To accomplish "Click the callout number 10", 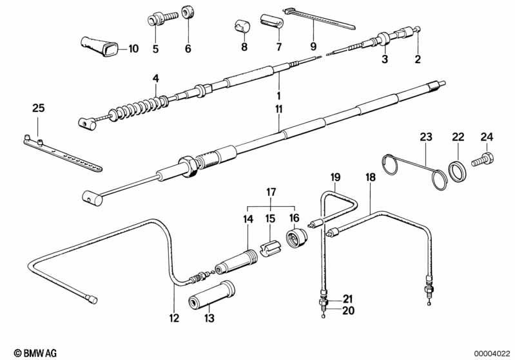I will (x=133, y=49).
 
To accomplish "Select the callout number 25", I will (x=39, y=108).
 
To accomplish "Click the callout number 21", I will (x=347, y=298).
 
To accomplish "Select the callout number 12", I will (x=175, y=317).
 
